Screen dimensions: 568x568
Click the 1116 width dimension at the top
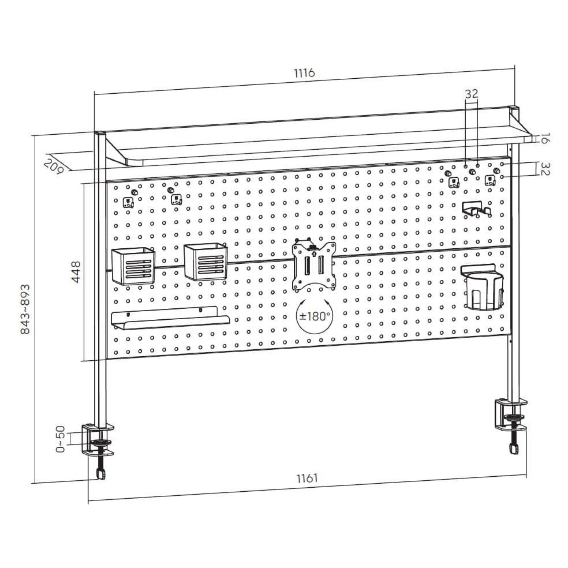[x=304, y=73]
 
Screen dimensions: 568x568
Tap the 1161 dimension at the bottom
[x=307, y=478]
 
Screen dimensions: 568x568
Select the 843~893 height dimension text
[x=25, y=309]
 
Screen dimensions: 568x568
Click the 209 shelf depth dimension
[x=54, y=166]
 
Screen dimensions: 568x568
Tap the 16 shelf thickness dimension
[x=543, y=138]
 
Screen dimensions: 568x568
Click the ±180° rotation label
[x=314, y=316]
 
